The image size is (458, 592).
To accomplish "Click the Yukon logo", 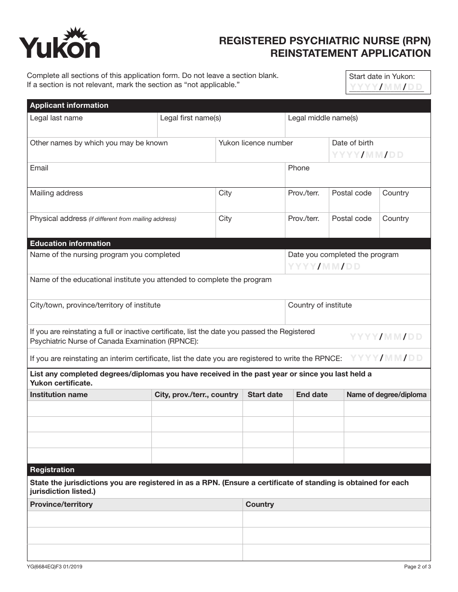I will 59,43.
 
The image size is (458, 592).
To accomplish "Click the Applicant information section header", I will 69,105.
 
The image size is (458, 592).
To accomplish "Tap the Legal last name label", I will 56,118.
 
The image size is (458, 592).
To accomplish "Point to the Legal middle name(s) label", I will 323,118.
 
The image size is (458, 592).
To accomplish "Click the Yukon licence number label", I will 256,143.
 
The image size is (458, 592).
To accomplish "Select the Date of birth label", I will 352,143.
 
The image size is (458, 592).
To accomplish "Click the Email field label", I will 39,168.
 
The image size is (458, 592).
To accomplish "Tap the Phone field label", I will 298,168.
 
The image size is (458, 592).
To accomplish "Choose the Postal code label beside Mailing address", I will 351,193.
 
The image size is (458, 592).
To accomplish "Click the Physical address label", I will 58,219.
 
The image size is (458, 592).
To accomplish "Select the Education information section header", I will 70,244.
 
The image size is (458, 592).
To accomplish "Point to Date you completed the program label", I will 343,255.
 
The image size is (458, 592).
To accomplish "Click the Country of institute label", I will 320,305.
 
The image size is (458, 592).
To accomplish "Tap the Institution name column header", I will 59,395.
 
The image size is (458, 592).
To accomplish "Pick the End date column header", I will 311,395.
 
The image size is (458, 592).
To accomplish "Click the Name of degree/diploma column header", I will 386,395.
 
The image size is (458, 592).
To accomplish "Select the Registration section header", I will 53,470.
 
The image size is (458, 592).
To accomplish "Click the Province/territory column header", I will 61,504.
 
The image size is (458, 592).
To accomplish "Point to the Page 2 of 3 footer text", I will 417,567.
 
